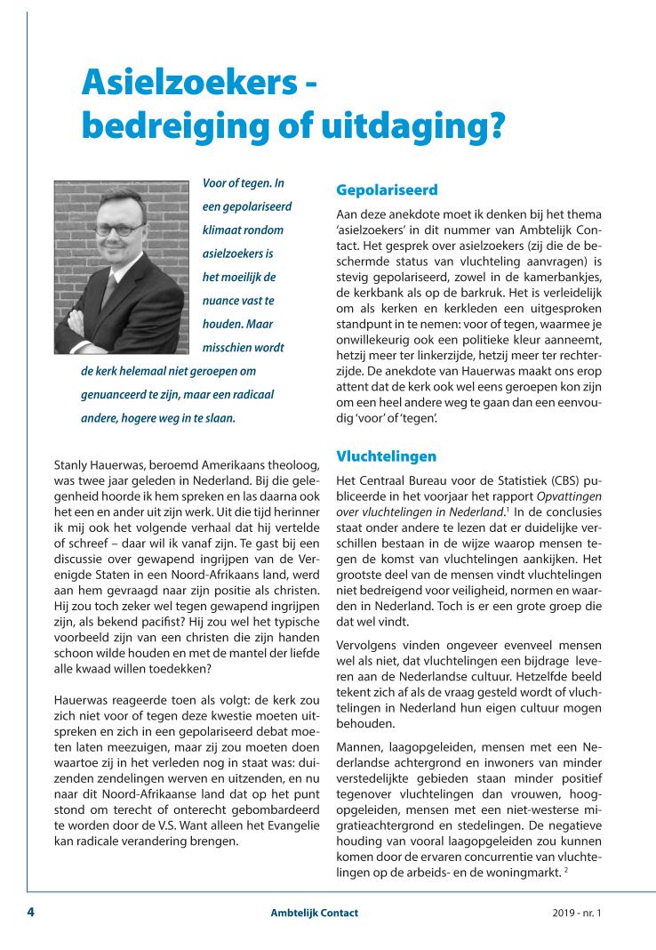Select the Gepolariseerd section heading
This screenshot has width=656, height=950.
click(x=387, y=190)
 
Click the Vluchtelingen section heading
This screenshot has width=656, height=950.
click(x=386, y=456)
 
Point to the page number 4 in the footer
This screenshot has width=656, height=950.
click(x=30, y=913)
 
